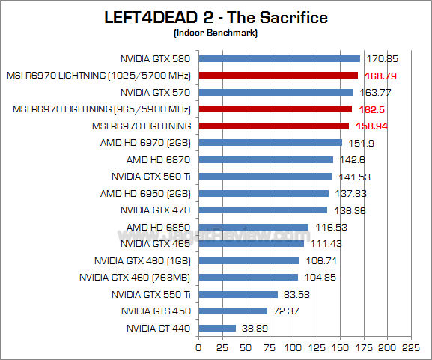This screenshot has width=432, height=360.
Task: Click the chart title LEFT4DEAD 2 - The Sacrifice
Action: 216,17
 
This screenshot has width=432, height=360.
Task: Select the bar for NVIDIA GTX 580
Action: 279,58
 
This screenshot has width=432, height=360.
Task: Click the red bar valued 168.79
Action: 278,75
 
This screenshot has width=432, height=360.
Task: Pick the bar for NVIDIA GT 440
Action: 217,328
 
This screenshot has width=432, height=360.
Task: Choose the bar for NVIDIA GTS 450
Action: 233,311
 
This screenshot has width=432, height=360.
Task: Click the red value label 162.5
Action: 380,109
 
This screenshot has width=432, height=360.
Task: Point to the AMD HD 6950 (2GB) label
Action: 145,193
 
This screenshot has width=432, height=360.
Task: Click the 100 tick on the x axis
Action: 293,348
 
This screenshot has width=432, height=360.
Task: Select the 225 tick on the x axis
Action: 410,348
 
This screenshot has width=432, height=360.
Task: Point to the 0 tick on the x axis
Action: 198,348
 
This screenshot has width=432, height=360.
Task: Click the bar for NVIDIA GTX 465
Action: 251,243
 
